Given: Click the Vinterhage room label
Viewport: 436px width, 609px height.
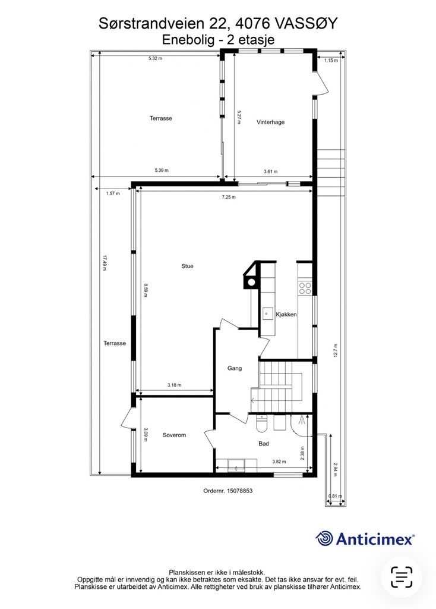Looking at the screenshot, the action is point(270,122).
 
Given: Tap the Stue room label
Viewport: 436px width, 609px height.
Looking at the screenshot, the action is point(187,266).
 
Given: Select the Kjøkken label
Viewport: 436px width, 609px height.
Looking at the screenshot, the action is point(286,314).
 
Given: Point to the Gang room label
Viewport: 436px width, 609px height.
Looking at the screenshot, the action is point(234,368).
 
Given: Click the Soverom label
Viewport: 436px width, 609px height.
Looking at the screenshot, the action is point(174,435).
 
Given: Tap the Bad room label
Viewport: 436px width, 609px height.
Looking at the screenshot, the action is point(264,444).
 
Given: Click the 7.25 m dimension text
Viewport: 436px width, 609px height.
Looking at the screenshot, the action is point(229,197).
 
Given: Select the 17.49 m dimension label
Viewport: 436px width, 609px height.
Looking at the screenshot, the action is point(105,262).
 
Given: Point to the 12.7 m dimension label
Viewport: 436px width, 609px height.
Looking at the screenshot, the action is point(335,350).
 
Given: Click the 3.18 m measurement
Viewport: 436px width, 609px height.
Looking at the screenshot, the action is point(174,385).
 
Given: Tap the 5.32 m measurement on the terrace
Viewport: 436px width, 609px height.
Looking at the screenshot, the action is point(155,59).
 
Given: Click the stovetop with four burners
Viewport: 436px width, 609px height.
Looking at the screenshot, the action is point(305,288).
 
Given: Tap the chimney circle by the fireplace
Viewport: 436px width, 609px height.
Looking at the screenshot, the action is point(251,282).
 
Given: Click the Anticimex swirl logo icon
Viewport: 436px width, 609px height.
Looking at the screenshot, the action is point(324,539).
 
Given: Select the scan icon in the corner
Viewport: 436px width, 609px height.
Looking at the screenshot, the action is point(402,577).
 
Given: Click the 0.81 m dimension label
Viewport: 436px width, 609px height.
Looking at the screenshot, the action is point(335,496).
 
